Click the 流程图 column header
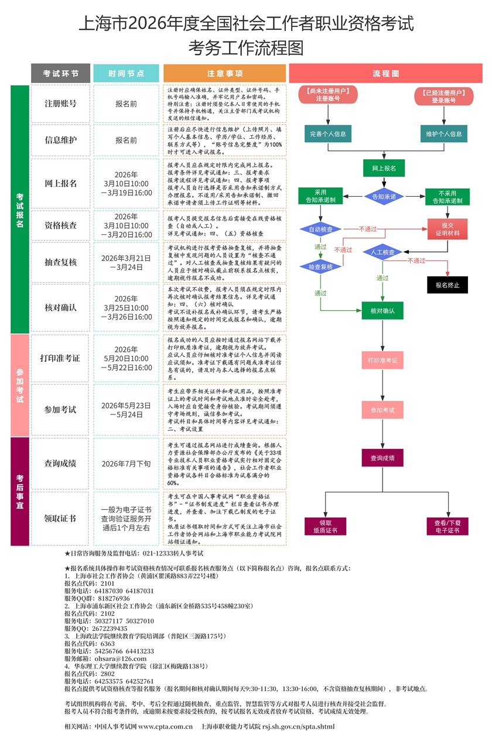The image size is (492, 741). tap(385, 73)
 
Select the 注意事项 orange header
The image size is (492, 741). tap(225, 73)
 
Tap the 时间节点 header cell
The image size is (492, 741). tap(126, 73)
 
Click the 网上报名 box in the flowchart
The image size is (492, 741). tap(384, 168)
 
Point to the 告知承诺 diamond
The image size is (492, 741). tap(384, 196)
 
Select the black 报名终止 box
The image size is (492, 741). tap(447, 286)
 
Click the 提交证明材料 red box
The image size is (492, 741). tap(447, 229)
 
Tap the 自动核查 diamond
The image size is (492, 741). tap(320, 229)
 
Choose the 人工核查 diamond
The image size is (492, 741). tap(383, 252)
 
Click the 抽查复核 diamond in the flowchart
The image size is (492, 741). tap(320, 266)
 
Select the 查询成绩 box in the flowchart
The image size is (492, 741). tap(382, 458)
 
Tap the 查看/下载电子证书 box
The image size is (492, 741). tap(447, 526)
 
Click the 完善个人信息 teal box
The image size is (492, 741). tap(327, 133)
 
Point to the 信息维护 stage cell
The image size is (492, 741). tap(60, 140)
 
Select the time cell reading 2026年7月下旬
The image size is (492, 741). tap(126, 464)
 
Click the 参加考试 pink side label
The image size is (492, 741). tap(19, 385)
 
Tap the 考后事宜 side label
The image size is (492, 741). tap(19, 491)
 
